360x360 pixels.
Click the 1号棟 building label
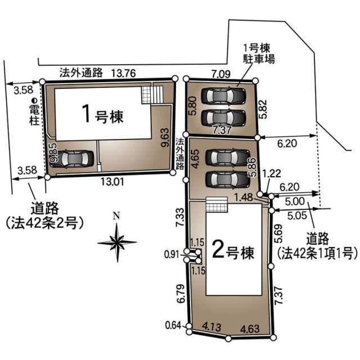103,114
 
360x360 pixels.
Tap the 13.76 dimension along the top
124,73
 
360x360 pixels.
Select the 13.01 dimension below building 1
112,182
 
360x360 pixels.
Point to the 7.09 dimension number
221,74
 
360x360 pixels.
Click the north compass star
117,242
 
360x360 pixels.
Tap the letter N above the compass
116,216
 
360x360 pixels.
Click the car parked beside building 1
74,159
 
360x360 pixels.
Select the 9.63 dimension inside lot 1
165,137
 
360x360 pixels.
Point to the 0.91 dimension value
171,254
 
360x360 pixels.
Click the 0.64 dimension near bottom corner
173,325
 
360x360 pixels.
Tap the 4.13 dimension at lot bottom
211,326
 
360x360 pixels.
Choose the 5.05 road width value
297,215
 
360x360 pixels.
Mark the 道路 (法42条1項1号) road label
317,246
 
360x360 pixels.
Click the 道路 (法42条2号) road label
44,215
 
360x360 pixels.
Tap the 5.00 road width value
295,201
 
